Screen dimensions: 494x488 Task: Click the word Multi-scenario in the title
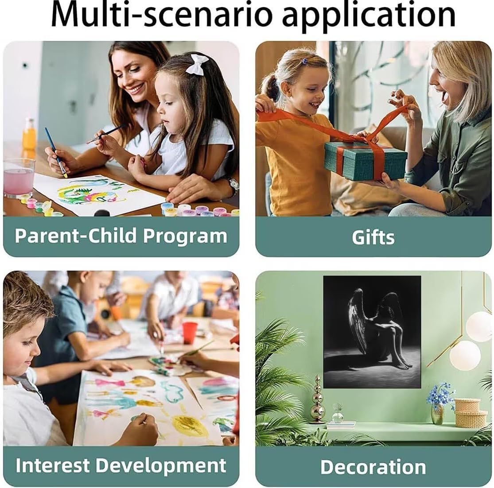pos(161,15)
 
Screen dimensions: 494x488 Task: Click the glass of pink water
pos(19,178)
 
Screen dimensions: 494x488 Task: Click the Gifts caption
pos(373,237)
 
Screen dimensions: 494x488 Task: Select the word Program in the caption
pos(185,236)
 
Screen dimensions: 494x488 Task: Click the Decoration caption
pos(373,467)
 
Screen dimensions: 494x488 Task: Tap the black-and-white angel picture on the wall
pos(372,332)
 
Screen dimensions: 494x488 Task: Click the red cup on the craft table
pos(190,333)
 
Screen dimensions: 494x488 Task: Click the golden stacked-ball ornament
pos(318,399)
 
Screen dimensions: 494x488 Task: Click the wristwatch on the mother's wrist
pos(233,185)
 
